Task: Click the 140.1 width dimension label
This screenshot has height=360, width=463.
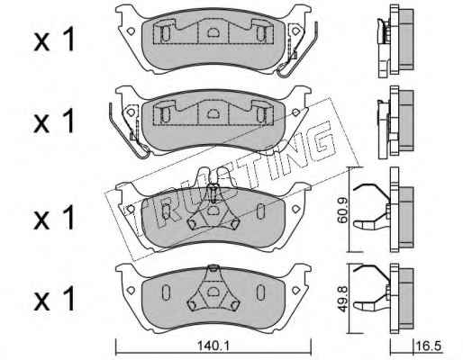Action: pyautogui.click(x=213, y=346)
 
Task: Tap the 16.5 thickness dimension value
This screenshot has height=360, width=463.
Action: pyautogui.click(x=429, y=346)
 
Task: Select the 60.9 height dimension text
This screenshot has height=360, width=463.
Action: pyautogui.click(x=342, y=210)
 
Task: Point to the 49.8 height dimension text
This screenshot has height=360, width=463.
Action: pyautogui.click(x=342, y=299)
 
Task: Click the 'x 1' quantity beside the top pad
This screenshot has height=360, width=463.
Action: pyautogui.click(x=54, y=40)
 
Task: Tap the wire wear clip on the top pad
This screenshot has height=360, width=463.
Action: pyautogui.click(x=297, y=49)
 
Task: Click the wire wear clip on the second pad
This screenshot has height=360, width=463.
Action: pyautogui.click(x=129, y=130)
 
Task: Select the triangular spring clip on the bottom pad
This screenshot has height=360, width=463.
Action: pyautogui.click(x=213, y=288)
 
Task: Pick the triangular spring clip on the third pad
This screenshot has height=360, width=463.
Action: pyautogui.click(x=213, y=210)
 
